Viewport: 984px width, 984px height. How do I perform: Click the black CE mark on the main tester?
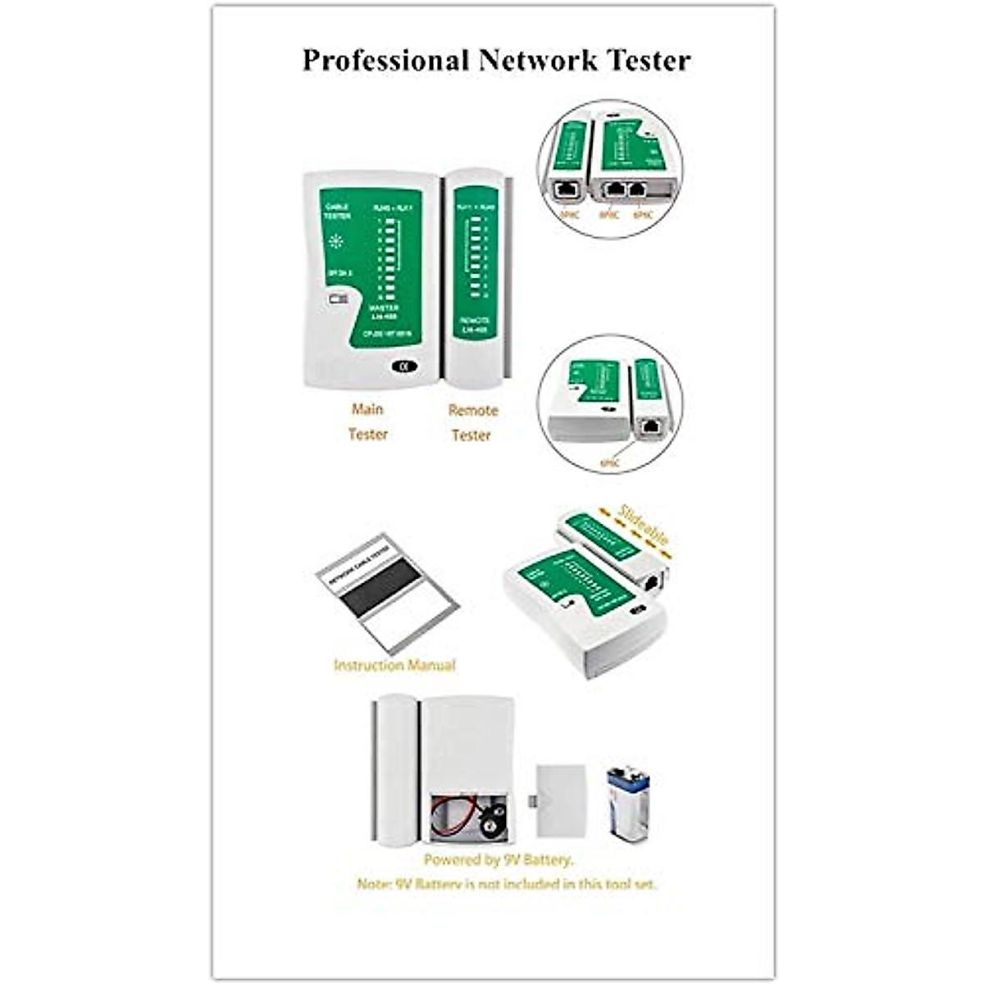pyautogui.click(x=403, y=367)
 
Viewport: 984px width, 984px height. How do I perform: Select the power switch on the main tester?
pyautogui.click(x=338, y=299)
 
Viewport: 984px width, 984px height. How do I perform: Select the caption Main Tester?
pyautogui.click(x=367, y=421)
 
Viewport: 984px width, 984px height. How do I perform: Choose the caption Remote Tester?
pyautogui.click(x=472, y=422)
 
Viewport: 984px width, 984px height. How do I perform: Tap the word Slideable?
pyautogui.click(x=645, y=525)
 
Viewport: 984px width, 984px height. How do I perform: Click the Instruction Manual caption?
pyautogui.click(x=394, y=665)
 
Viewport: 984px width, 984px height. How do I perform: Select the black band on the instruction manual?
pyautogui.click(x=379, y=588)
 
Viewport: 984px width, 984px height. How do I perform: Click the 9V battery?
pyautogui.click(x=628, y=803)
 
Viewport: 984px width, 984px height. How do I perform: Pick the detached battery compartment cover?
pyautogui.click(x=561, y=801)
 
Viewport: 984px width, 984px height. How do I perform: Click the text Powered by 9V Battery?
pyautogui.click(x=499, y=860)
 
